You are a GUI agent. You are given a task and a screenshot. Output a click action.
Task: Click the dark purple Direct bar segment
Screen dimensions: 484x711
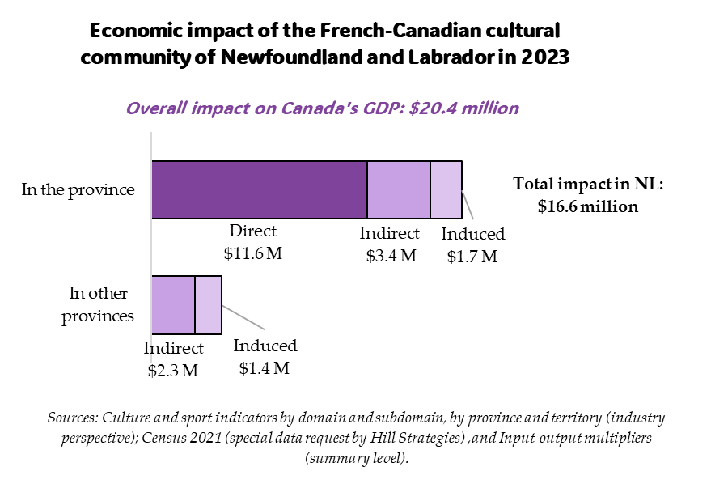pos(259,189)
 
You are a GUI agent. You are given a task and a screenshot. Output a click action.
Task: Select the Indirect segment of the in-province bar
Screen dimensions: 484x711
pos(398,189)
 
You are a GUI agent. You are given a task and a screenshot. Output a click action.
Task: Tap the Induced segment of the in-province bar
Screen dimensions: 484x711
pos(446,189)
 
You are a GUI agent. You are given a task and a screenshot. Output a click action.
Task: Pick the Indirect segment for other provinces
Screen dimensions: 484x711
pos(173,305)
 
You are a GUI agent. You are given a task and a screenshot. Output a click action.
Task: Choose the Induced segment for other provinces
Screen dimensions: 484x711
pos(208,305)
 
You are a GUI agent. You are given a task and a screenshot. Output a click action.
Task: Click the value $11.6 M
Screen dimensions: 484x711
pos(252,253)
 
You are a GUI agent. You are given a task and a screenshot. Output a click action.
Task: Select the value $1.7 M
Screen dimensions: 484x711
pos(473,257)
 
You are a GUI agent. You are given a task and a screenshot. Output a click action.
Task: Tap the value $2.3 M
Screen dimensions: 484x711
pos(173,371)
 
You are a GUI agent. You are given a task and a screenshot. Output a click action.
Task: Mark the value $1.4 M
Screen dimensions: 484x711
pos(265,368)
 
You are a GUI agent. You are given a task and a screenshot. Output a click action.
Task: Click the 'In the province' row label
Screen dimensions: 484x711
pos(78,190)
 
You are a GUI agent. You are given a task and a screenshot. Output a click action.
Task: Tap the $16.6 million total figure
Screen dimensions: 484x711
pos(588,206)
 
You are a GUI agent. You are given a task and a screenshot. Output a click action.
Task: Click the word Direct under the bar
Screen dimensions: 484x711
pos(252,231)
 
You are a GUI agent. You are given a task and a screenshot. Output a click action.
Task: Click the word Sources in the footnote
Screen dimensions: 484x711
pos(71,418)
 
